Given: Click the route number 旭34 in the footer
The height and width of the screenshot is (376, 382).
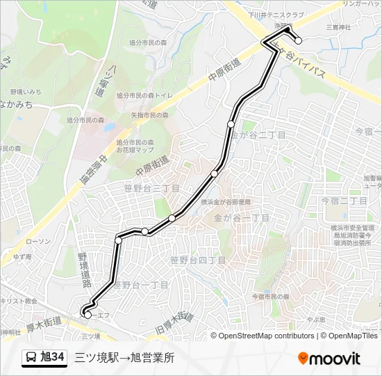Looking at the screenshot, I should click(53, 357).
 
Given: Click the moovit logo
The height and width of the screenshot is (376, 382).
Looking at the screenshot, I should click(329, 358).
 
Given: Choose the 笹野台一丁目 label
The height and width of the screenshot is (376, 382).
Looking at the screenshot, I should click(141, 285).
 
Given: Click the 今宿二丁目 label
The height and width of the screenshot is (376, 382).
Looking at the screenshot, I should click(344, 200).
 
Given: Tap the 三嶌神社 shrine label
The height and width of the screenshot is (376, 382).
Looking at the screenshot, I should click(340, 27).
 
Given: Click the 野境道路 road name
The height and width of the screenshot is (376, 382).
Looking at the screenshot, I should click(84, 270).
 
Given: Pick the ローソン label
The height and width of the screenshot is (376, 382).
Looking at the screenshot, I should click(38, 241).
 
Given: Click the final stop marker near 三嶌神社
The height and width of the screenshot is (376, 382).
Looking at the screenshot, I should click(299, 40).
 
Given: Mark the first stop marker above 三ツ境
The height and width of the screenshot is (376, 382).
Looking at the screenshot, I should click(88, 315).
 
